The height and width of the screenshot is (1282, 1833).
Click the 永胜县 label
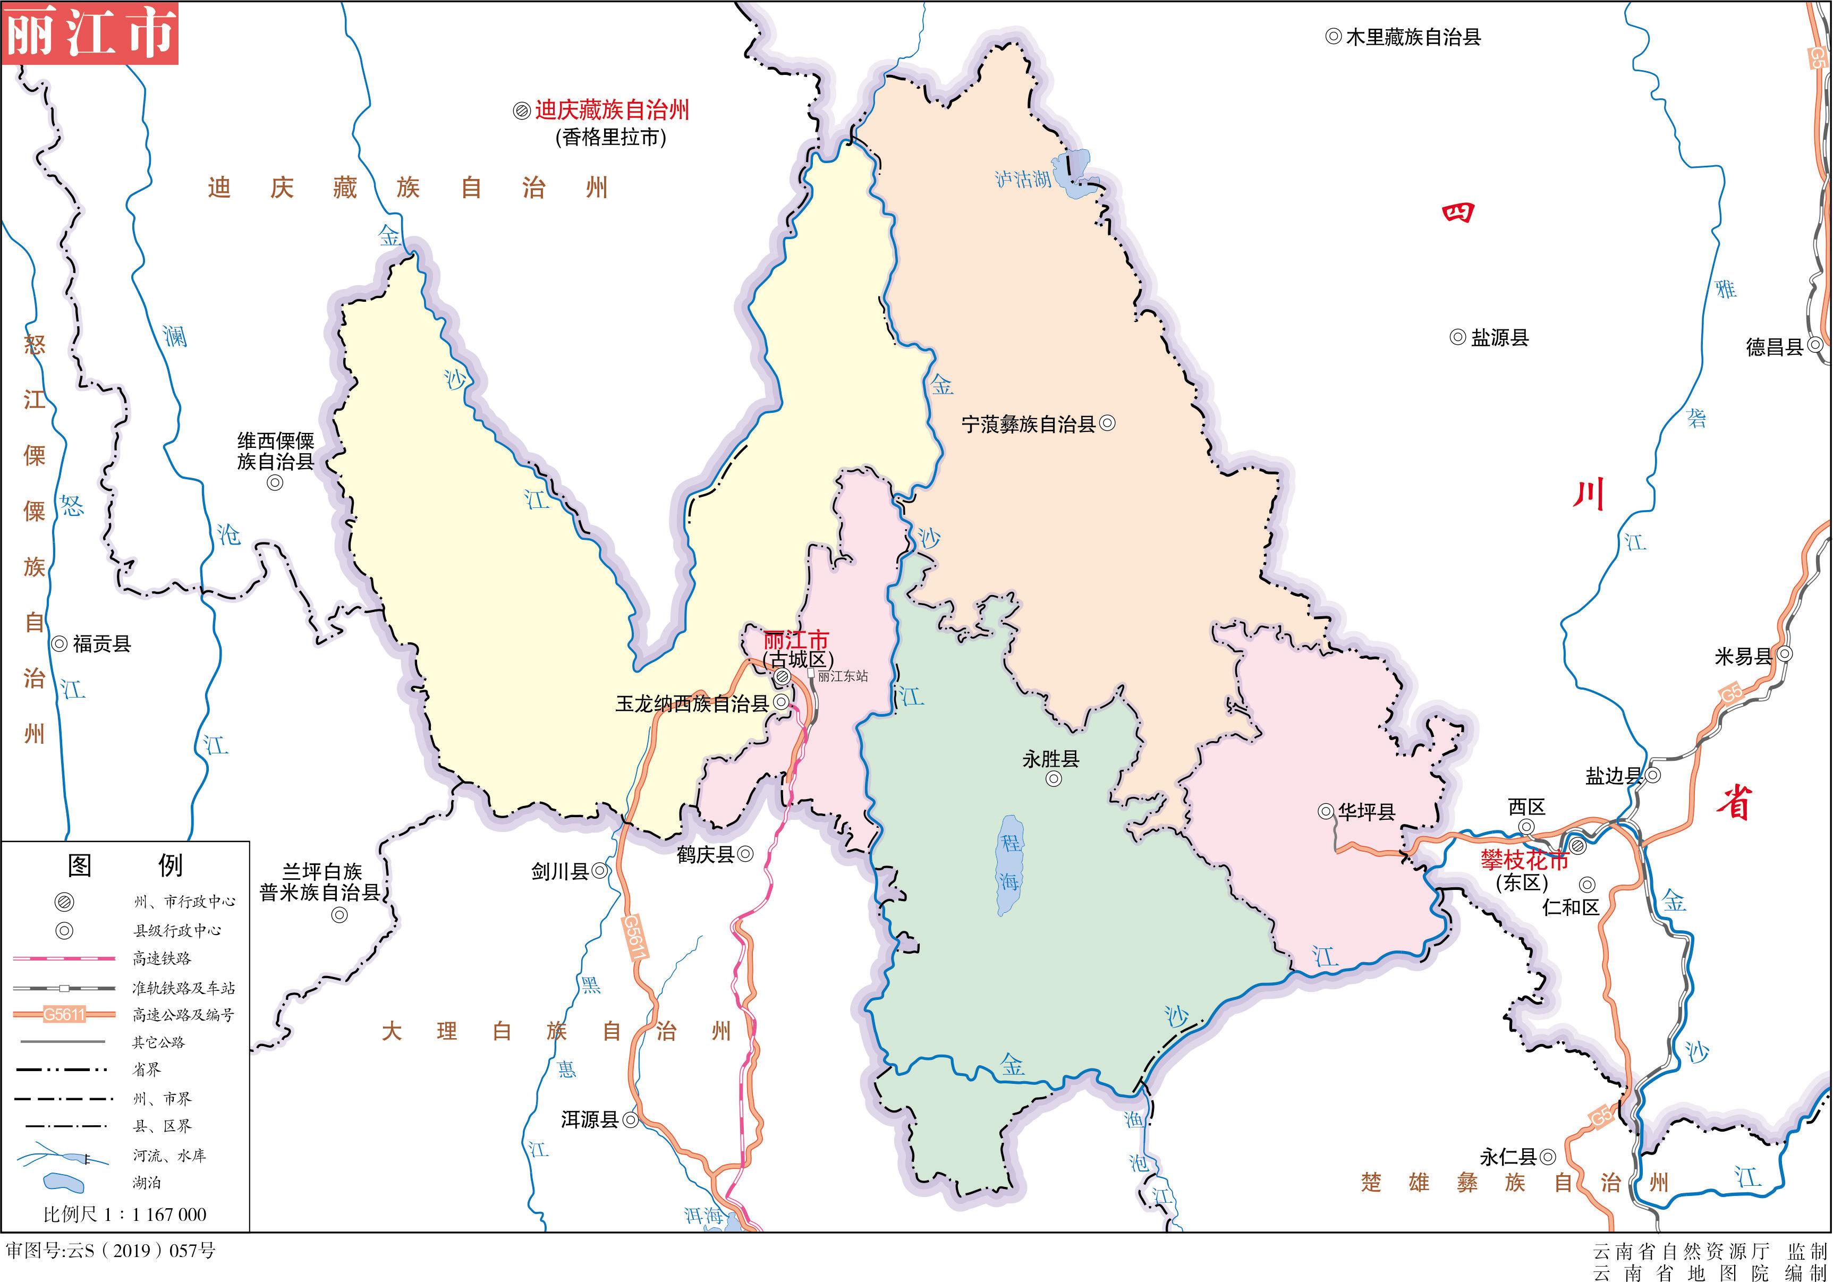point(1050,758)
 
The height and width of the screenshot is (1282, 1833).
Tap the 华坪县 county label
point(1366,812)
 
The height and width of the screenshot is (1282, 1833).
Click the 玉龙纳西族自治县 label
point(691,703)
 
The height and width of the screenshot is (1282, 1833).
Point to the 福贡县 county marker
point(60,643)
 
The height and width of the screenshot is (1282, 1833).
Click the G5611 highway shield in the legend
point(64,1015)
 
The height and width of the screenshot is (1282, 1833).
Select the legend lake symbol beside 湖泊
point(64,1182)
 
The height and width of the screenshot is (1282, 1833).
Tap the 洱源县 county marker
point(631,1120)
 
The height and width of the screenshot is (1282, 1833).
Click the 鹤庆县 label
point(706,854)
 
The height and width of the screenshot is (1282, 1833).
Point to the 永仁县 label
point(1508,1157)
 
